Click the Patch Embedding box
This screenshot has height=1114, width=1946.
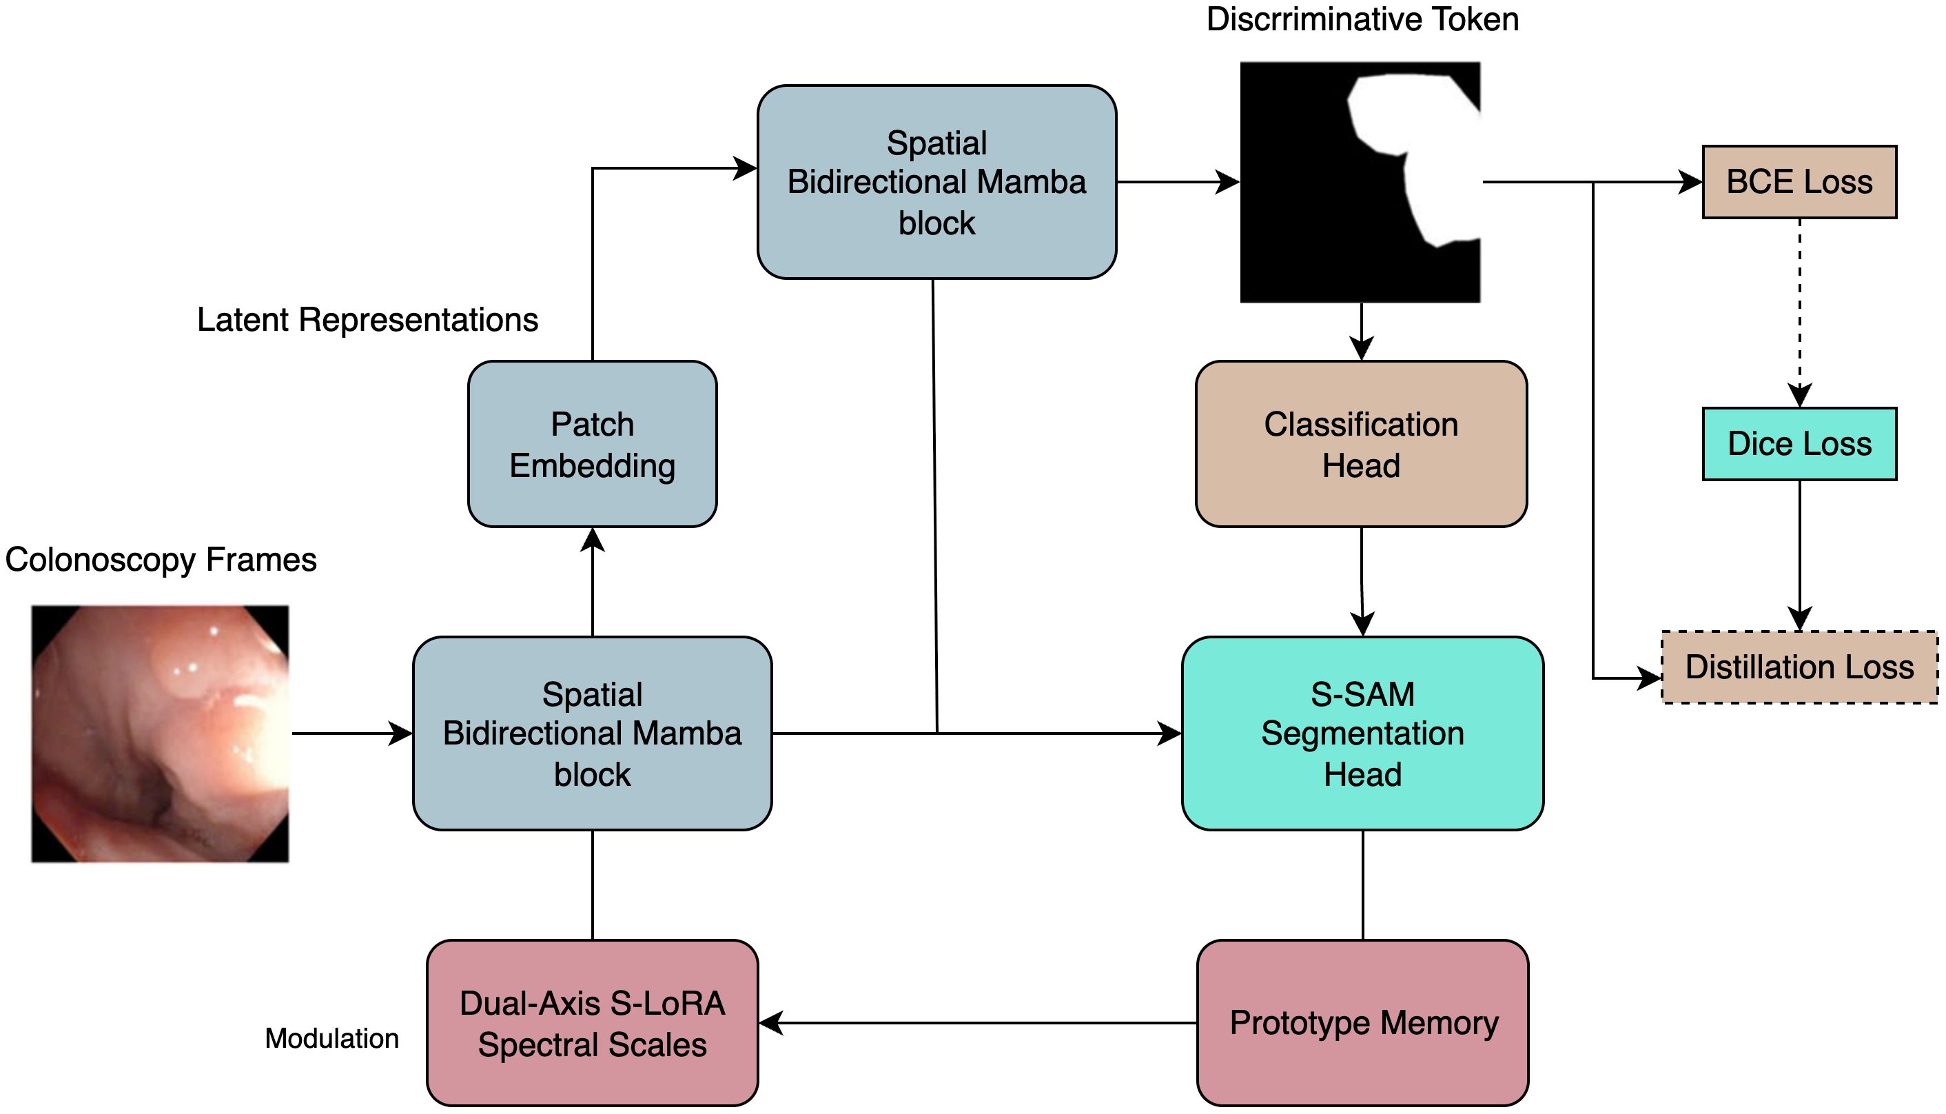593,445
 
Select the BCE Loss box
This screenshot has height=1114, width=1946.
1799,182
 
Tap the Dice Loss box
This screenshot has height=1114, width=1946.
1799,445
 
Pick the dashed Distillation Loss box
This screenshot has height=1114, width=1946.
1799,667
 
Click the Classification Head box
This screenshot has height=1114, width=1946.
1361,445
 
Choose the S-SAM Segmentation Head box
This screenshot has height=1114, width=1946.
1362,733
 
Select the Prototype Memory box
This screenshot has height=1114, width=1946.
1362,1023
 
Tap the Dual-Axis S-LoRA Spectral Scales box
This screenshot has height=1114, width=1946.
593,1023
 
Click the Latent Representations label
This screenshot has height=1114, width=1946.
368,320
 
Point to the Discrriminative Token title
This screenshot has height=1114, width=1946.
1362,20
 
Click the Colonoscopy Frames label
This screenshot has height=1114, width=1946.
161,560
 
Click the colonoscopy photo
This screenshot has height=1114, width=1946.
161,733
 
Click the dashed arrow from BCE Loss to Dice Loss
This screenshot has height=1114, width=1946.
1800,306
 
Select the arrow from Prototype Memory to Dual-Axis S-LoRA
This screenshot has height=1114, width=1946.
979,1023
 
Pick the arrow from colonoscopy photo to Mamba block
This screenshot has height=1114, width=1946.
351,733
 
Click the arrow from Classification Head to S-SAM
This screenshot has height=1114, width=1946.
1362,582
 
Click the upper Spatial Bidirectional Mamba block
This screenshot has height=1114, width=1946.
936,182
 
